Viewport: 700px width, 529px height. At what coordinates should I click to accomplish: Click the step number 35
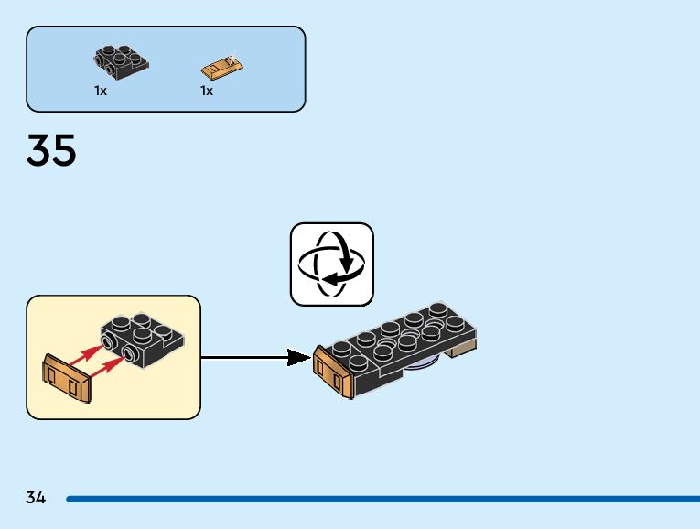(51, 150)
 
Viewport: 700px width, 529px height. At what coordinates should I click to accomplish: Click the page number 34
(36, 498)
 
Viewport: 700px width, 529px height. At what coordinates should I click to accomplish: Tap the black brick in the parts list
(120, 60)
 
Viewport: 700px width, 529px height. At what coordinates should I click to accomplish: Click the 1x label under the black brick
(100, 91)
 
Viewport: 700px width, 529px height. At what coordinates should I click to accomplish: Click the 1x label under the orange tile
(207, 91)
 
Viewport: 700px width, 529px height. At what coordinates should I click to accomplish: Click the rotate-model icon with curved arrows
(332, 264)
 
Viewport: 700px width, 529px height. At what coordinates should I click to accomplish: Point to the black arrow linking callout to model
(256, 357)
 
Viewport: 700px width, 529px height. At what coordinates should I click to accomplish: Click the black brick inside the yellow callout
(145, 338)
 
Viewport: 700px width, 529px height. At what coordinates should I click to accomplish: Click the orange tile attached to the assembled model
(330, 374)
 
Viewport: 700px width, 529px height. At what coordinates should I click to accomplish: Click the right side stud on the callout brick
(130, 354)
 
